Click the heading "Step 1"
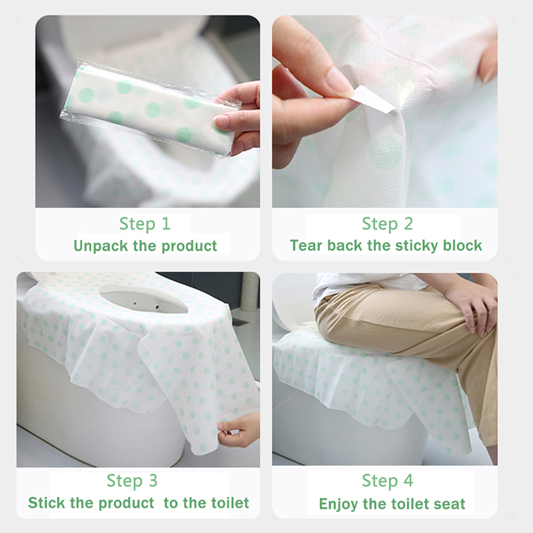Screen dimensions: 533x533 click(x=145, y=224)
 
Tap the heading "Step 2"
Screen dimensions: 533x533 click(x=387, y=224)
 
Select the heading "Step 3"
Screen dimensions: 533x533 click(x=132, y=480)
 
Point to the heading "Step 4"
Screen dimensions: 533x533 click(x=388, y=480)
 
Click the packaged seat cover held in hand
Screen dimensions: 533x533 click(x=149, y=108)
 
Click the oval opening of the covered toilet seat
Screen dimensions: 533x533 click(x=143, y=298)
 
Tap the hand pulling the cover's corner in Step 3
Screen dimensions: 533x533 click(x=239, y=430)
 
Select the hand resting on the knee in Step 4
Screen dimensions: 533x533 click(x=473, y=308)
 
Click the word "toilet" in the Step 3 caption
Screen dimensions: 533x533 click(x=230, y=503)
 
